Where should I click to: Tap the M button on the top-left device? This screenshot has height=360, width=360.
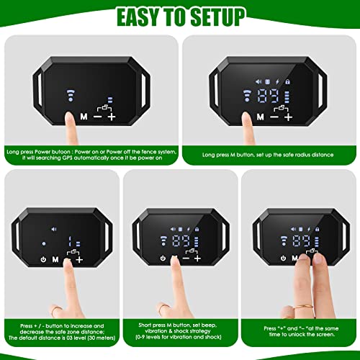[84, 115]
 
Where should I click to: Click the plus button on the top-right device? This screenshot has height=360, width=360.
[289, 115]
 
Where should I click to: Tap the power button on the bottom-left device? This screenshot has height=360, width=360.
[44, 259]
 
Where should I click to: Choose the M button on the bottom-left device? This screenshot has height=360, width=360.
[55, 259]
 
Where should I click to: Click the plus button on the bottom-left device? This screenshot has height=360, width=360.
[78, 258]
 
